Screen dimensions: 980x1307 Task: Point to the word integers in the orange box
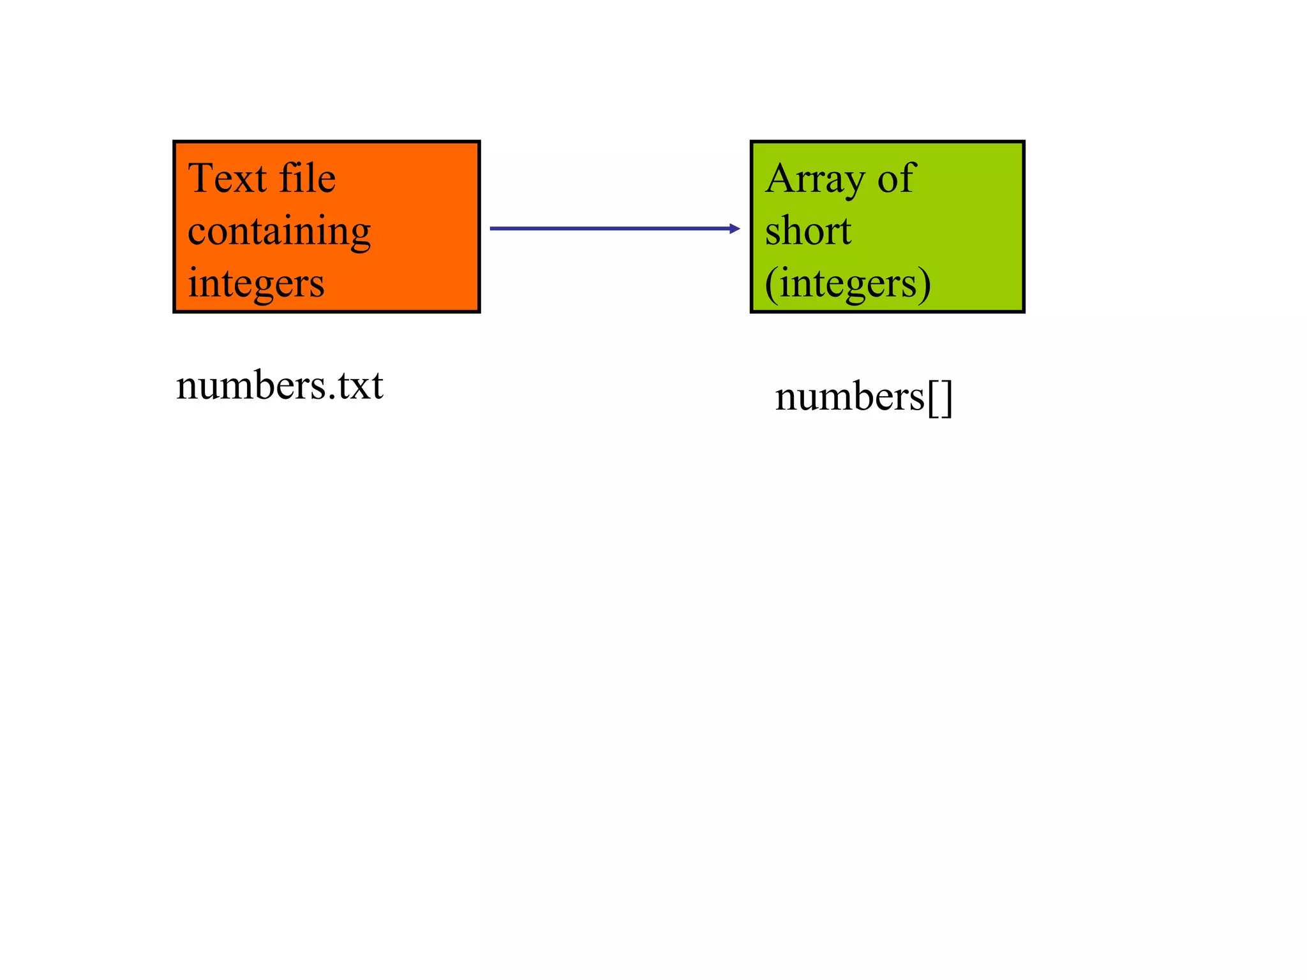(256, 283)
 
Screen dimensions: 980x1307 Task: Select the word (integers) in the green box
(848, 283)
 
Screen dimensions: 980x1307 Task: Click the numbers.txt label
(280, 386)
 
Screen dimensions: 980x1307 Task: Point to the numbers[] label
(863, 397)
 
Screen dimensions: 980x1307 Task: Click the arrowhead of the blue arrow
(735, 228)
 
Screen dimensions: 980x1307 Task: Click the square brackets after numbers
(939, 398)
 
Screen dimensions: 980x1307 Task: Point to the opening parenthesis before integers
(770, 285)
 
